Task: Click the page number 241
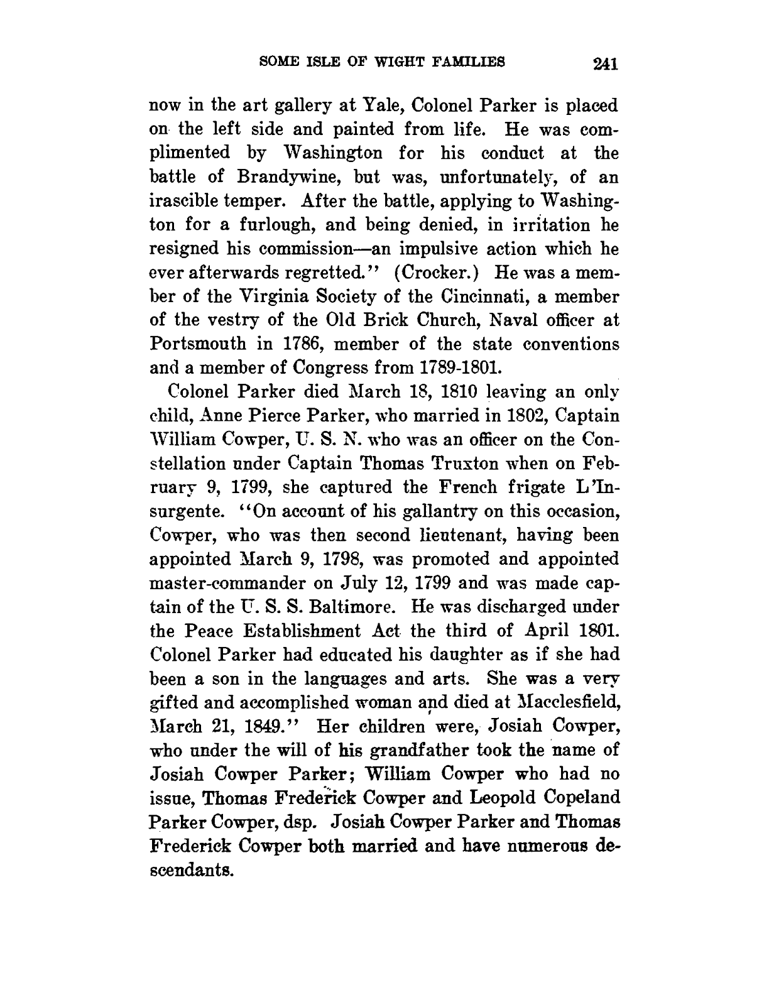pos(600,64)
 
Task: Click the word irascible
pos(188,201)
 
